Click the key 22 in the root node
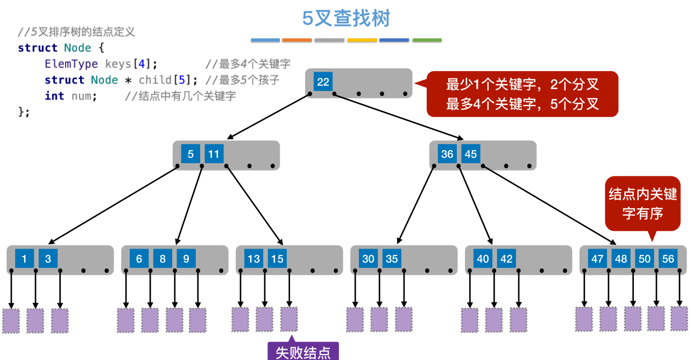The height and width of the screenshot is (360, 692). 323,82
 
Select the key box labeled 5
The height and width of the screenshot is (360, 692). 190,154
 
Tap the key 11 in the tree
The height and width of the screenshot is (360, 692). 214,154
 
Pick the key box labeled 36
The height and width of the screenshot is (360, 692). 447,154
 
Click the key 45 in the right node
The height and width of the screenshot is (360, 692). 471,154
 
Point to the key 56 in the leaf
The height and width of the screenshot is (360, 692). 668,259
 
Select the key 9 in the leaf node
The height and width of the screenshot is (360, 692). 186,259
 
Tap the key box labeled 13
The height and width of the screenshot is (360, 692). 253,259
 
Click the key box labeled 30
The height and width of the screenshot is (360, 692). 368,259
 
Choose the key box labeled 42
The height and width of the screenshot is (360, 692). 506,259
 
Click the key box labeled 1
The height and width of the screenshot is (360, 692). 24,259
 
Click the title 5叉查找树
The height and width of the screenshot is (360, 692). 346,19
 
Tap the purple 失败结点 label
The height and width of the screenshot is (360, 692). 303,352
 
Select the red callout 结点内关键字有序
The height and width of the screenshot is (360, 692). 642,203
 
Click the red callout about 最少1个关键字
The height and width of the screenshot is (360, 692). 522,94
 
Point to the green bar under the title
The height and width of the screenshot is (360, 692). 427,40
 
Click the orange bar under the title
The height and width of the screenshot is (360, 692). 297,40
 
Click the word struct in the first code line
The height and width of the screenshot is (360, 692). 37,48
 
